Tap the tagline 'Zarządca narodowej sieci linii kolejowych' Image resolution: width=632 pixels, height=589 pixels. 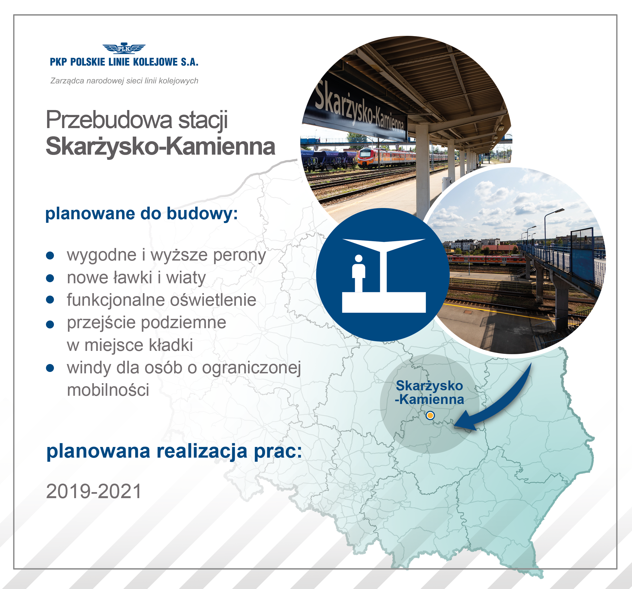124,81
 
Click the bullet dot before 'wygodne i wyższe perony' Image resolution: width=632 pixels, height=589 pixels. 50,256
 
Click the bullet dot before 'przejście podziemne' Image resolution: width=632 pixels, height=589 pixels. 50,324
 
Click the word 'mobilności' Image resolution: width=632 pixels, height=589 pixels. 108,390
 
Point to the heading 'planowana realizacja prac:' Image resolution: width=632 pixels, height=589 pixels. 174,452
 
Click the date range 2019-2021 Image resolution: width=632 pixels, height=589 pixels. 94,491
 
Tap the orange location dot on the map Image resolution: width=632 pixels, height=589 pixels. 430,415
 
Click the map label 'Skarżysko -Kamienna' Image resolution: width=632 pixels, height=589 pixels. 429,392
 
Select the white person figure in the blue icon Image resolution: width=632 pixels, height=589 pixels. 359,273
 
